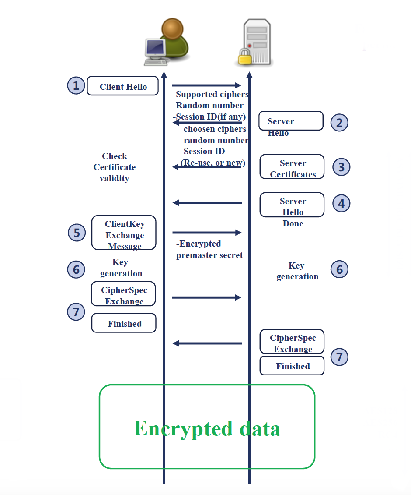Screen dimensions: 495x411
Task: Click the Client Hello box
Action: [122, 86]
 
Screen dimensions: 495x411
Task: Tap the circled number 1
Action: [76, 85]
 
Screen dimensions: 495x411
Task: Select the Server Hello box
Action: [291, 121]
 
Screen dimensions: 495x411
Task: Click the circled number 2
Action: [339, 123]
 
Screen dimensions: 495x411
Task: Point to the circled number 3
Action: [341, 167]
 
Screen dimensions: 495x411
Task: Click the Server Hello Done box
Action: [292, 205]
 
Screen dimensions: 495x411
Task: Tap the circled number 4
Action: [341, 203]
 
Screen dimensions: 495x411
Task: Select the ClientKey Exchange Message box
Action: [124, 233]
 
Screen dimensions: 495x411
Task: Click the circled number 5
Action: [77, 233]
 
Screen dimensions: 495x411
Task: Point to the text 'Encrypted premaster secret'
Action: [209, 250]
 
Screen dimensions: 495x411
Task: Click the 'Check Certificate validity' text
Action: [115, 167]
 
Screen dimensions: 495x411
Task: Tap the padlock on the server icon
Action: [245, 57]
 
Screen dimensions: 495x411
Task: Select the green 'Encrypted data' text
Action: [207, 428]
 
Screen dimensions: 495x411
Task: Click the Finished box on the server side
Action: [292, 366]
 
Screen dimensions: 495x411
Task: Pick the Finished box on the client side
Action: [124, 323]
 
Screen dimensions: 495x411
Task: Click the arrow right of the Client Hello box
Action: [206, 85]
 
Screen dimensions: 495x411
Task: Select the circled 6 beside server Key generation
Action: [340, 269]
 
